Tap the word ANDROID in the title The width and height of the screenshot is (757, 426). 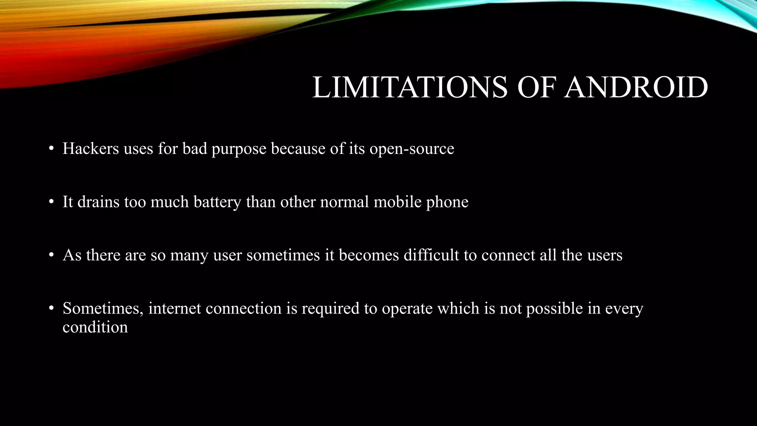coord(636,88)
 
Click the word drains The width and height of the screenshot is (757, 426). coord(98,202)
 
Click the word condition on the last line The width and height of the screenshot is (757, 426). coord(95,327)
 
